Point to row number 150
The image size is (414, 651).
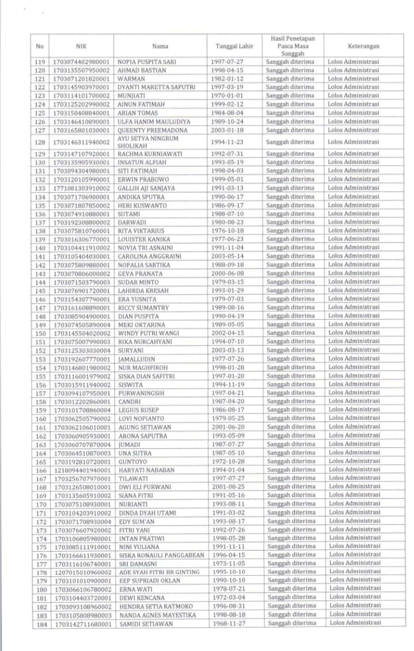tap(40, 333)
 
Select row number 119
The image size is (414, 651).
tap(40, 61)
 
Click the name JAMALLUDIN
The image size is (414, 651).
tap(136, 359)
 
